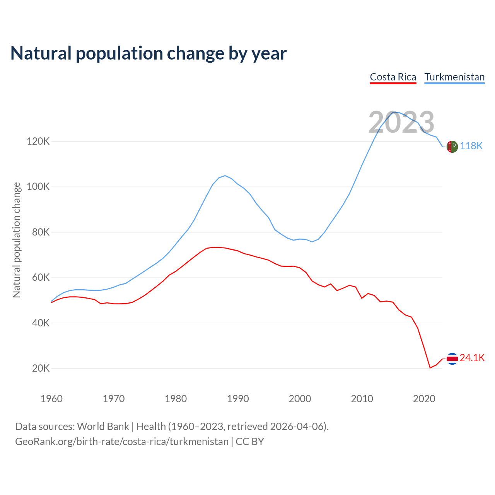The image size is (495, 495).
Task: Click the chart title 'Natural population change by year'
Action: pyautogui.click(x=148, y=53)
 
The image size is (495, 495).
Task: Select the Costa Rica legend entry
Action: pyautogui.click(x=393, y=77)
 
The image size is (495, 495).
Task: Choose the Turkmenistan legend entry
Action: pyautogui.click(x=454, y=77)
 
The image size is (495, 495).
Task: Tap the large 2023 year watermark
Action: pyautogui.click(x=401, y=123)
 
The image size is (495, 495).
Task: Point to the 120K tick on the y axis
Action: pyautogui.click(x=38, y=141)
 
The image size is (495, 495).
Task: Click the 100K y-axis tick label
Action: pyautogui.click(x=38, y=187)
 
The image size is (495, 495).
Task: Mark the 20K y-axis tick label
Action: pyautogui.click(x=41, y=368)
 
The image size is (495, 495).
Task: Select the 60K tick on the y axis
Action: pyautogui.click(x=41, y=278)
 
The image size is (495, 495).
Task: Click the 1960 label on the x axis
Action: pyautogui.click(x=51, y=399)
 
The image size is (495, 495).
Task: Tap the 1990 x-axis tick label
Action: pyautogui.click(x=238, y=399)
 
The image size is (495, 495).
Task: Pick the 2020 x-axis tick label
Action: pyautogui.click(x=424, y=399)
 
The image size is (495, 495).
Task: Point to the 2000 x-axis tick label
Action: pyautogui.click(x=300, y=399)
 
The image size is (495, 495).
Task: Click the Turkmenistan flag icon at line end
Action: pyautogui.click(x=452, y=147)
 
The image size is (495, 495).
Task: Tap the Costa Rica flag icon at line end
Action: pyautogui.click(x=452, y=358)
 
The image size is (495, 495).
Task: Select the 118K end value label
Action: pyautogui.click(x=471, y=146)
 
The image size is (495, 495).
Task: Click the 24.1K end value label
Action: pyautogui.click(x=472, y=358)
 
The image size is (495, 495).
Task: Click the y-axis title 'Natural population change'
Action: pyautogui.click(x=17, y=240)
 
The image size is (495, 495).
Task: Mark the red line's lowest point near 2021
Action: pyautogui.click(x=430, y=368)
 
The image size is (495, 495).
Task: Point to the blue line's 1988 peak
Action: pyautogui.click(x=225, y=176)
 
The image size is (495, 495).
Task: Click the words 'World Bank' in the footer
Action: pyautogui.click(x=103, y=426)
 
